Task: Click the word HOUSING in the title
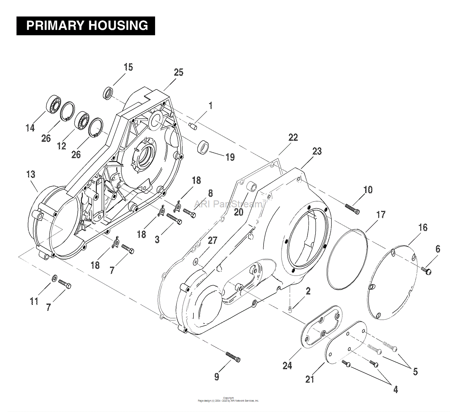point(118,26)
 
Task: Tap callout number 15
point(128,67)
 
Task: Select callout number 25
point(179,72)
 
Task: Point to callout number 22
point(293,137)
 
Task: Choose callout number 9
point(217,376)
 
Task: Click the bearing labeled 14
point(54,104)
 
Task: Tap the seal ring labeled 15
point(108,93)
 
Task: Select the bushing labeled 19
point(203,147)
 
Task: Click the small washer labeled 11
point(55,278)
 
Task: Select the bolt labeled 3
point(174,219)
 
